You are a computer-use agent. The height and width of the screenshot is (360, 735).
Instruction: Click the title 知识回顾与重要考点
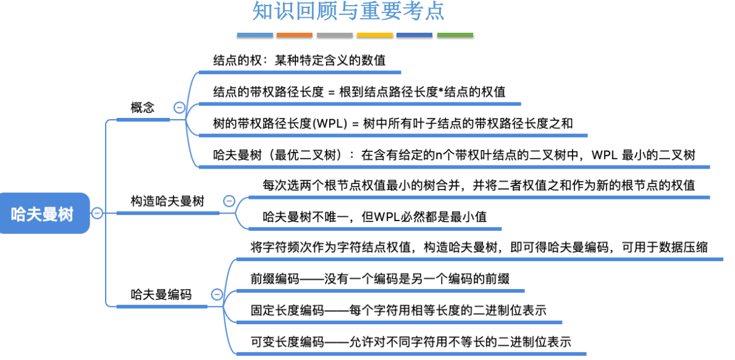click(x=348, y=12)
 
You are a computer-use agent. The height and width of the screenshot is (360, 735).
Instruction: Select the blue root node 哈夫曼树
click(x=42, y=214)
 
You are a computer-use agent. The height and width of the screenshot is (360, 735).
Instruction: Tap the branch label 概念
click(x=143, y=107)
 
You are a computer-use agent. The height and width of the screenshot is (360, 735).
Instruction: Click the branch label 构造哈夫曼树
click(x=167, y=201)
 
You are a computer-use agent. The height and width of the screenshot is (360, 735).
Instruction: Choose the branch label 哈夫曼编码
click(x=161, y=295)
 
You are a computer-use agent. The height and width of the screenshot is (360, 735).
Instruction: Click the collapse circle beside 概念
click(x=179, y=107)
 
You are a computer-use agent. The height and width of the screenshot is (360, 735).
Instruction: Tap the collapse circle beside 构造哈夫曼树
click(x=229, y=201)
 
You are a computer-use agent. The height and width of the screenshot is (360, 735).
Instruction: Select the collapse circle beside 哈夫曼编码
click(x=217, y=295)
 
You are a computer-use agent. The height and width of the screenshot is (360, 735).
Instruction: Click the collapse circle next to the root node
click(x=97, y=214)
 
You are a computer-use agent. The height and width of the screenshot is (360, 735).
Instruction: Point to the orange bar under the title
click(x=294, y=35)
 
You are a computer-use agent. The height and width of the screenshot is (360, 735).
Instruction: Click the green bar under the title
click(x=455, y=35)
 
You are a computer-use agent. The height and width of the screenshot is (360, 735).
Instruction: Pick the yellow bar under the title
click(x=374, y=35)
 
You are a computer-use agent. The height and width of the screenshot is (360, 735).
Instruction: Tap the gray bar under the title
click(x=334, y=35)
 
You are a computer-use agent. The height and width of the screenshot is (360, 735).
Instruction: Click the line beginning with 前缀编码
click(x=380, y=278)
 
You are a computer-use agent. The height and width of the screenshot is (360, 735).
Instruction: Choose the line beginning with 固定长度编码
click(x=398, y=310)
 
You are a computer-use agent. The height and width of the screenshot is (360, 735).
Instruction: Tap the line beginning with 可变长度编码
click(x=411, y=341)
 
